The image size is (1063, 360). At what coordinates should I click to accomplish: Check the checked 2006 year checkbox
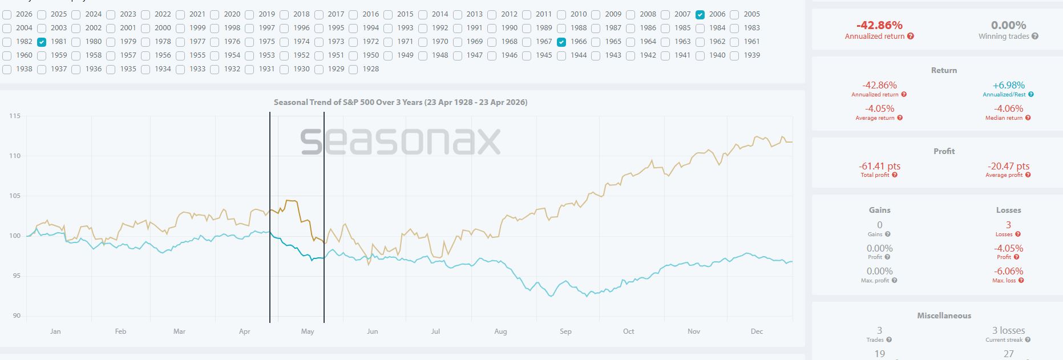(700, 14)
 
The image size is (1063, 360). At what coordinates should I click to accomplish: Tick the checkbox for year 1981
(41, 42)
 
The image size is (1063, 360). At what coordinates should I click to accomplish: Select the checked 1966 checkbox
(561, 42)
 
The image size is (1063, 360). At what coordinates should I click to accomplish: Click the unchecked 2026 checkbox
(7, 14)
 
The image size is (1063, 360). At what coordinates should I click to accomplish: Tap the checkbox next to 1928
(353, 69)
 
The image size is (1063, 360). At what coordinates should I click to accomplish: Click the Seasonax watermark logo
(401, 141)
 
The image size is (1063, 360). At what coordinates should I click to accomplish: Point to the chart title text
(401, 103)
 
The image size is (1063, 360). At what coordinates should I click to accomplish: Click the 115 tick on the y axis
(15, 116)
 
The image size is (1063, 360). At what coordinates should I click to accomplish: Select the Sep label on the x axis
(565, 331)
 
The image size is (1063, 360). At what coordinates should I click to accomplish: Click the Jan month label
(55, 331)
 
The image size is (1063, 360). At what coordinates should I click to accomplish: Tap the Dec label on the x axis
(757, 331)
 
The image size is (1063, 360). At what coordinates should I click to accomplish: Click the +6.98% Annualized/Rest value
(1008, 85)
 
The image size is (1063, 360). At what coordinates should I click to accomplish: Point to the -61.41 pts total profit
(879, 166)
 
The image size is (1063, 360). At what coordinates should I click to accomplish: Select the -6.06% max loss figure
(1008, 271)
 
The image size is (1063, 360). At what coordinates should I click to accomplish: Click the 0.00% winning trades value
(1008, 25)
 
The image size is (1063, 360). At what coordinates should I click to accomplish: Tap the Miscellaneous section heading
(944, 315)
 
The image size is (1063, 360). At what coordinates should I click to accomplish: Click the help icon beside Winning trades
(1035, 37)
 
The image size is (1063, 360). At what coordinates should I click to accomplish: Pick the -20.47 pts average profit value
(1008, 166)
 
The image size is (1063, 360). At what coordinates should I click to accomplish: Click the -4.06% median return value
(1008, 108)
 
